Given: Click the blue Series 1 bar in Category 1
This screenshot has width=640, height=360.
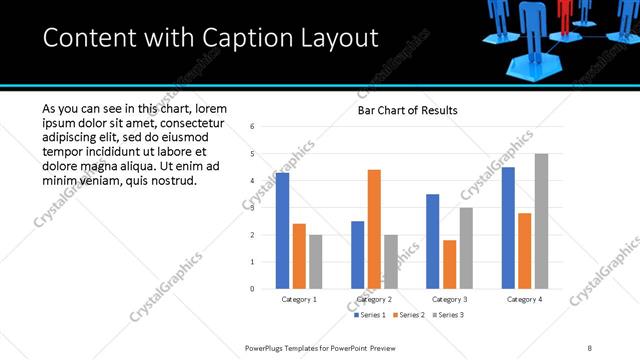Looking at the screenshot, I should (282, 231).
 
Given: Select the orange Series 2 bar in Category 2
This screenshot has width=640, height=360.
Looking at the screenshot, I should (374, 229).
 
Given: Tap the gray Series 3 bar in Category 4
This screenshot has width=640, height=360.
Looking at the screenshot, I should (541, 221).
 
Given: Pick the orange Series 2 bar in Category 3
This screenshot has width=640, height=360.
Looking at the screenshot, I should (449, 264).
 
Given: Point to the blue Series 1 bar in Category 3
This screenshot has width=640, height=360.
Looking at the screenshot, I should (432, 241).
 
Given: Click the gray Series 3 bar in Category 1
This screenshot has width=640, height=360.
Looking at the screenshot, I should (316, 262).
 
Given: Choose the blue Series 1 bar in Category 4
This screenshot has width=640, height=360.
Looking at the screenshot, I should (507, 228).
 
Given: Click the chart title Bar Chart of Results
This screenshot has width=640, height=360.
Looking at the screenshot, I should (407, 110).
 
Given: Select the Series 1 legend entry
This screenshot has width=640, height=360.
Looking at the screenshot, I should (371, 315).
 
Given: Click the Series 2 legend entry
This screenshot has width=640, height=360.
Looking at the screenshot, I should (409, 315).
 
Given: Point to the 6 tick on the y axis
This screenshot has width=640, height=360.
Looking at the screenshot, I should (253, 127).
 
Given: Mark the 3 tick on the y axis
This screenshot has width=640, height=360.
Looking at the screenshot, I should (253, 208).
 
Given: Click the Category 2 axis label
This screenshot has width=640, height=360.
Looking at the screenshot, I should (374, 299).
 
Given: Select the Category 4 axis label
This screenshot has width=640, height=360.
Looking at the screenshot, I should (524, 299).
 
